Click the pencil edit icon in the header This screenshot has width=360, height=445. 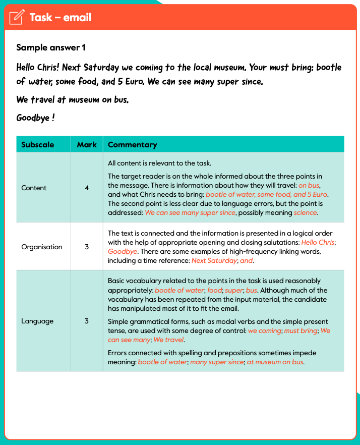tap(17, 17)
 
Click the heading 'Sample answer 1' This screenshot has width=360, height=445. tap(51, 47)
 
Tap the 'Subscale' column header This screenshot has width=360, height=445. tap(38, 145)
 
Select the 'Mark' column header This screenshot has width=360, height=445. tap(87, 145)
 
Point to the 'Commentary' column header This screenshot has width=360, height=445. tap(133, 145)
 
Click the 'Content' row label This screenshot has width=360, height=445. tap(34, 188)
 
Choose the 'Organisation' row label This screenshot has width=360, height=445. tap(42, 247)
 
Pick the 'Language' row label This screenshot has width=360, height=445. tap(37, 321)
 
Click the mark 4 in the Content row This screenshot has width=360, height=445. tap(87, 188)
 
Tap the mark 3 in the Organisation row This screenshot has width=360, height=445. tap(87, 247)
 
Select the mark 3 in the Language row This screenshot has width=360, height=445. tap(87, 321)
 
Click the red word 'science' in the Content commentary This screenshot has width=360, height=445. tap(306, 213)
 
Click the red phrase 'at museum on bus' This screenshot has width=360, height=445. tap(275, 362)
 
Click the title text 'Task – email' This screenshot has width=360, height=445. tap(61, 18)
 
